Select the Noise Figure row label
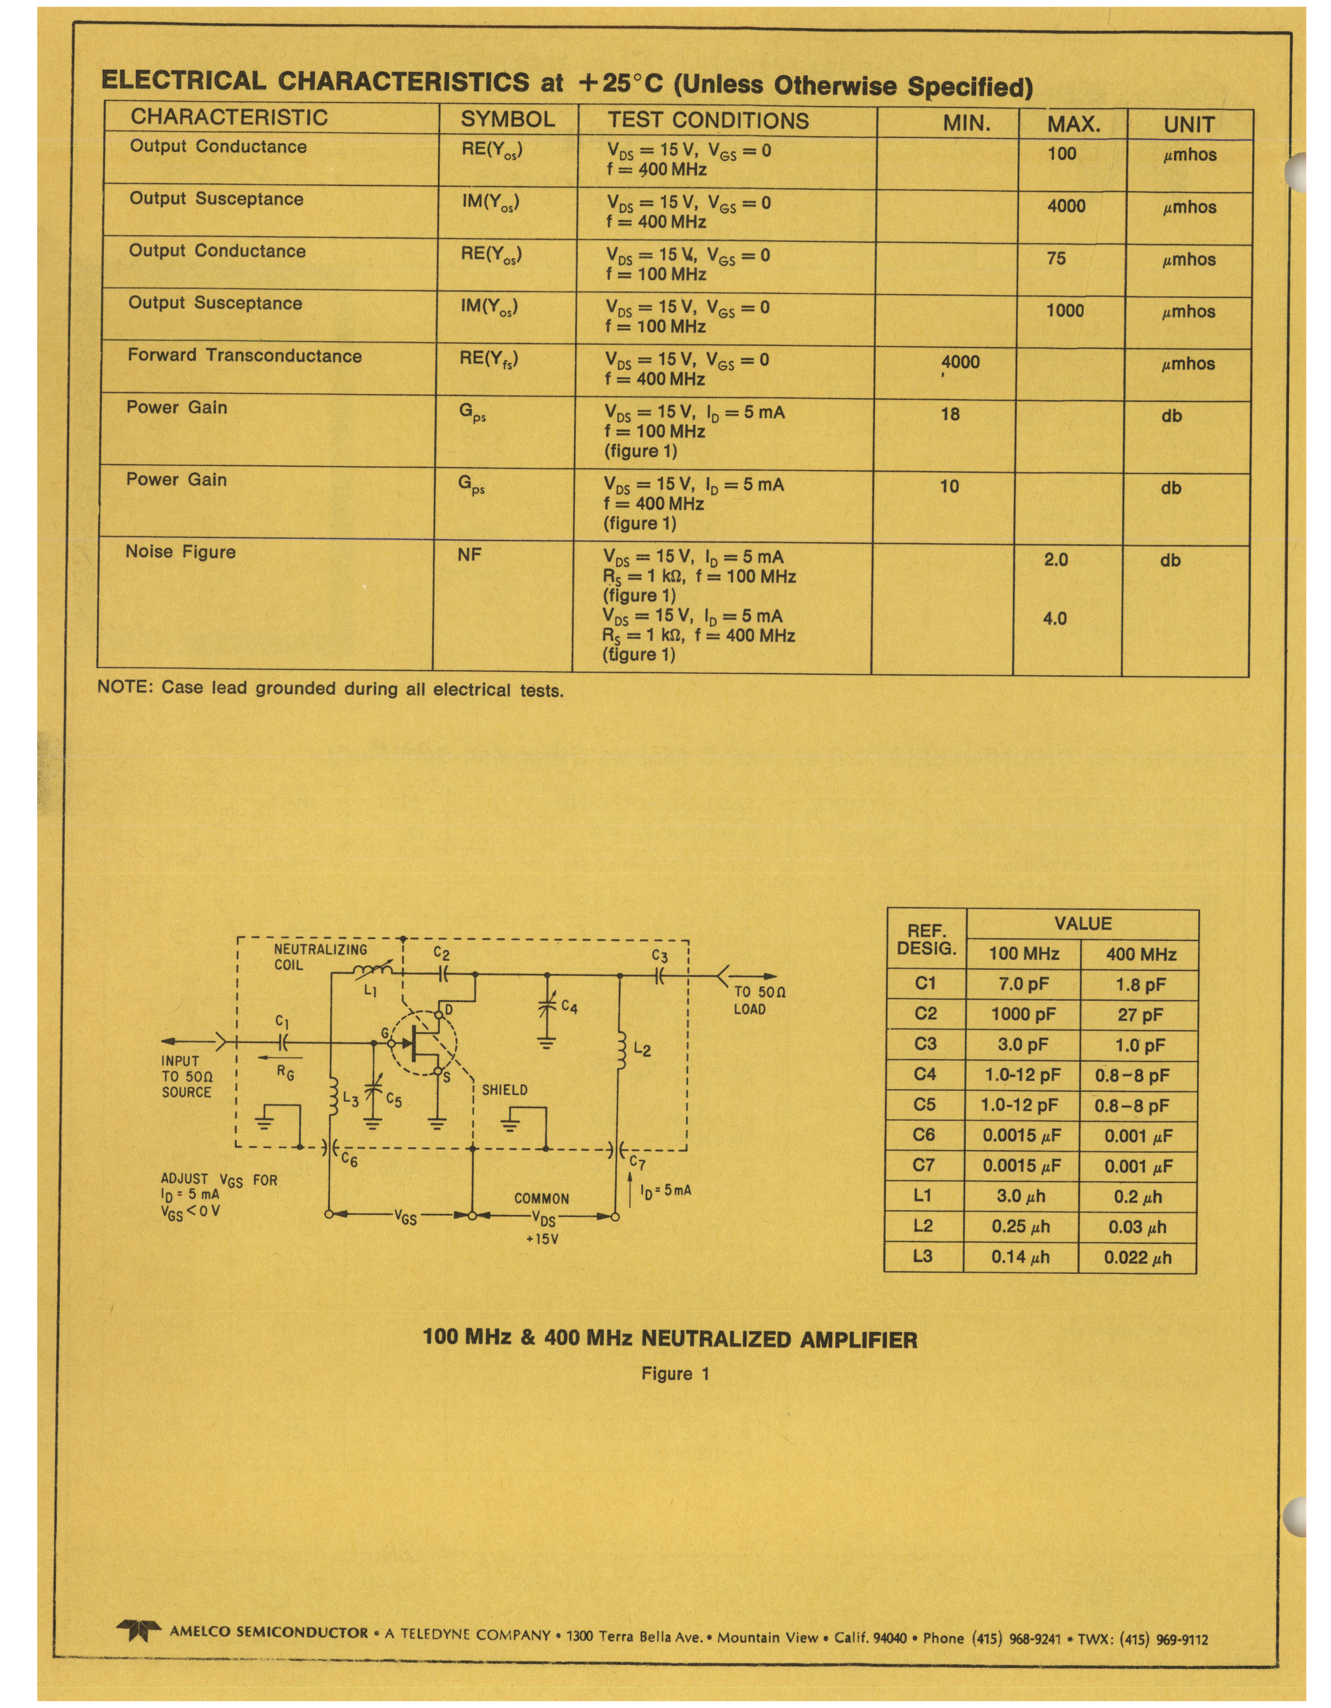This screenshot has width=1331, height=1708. click(x=181, y=552)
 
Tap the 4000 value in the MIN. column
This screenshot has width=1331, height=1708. click(x=961, y=362)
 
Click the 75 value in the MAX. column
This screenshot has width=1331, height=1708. click(x=1056, y=259)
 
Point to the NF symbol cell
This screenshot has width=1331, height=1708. click(x=469, y=554)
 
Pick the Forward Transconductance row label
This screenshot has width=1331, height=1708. click(x=245, y=356)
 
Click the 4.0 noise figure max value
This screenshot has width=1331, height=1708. click(x=1055, y=619)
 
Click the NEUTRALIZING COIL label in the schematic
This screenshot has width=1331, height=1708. click(x=320, y=957)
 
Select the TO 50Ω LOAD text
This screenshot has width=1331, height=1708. click(x=759, y=1000)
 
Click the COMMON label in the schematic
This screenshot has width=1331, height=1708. click(x=541, y=1198)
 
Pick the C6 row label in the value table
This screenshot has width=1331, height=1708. click(x=924, y=1135)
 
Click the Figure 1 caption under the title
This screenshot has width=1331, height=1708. click(x=675, y=1374)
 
